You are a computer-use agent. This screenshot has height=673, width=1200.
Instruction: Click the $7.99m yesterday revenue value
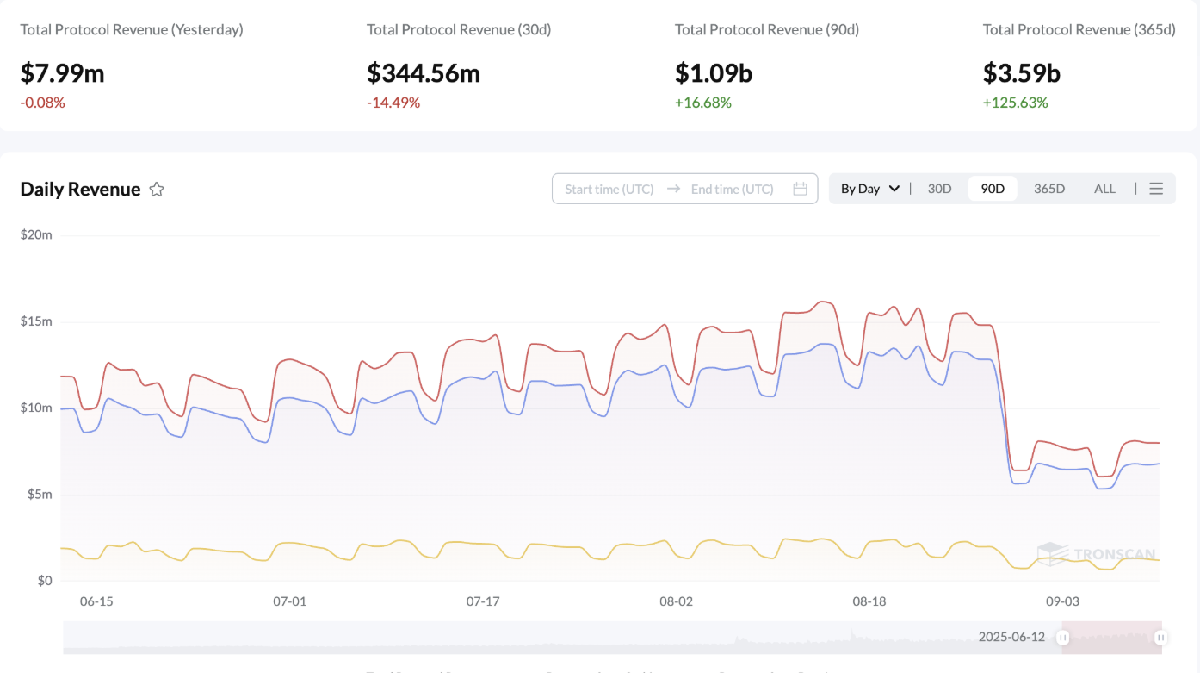click(62, 74)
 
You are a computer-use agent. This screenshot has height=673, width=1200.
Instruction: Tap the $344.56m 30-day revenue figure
click(424, 74)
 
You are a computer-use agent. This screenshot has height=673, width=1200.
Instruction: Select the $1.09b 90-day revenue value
click(714, 74)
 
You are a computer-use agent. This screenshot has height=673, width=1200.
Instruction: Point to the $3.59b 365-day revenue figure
click(1022, 74)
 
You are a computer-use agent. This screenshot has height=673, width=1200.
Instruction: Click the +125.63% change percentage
click(1016, 103)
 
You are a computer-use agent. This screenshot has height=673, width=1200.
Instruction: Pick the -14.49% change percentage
click(393, 103)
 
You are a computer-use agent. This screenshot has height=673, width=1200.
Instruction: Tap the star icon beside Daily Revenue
click(157, 190)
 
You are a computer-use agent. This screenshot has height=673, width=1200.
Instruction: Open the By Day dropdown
click(869, 189)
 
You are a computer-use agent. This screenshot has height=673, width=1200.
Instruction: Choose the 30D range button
click(939, 189)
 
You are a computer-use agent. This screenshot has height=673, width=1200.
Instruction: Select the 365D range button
click(1049, 189)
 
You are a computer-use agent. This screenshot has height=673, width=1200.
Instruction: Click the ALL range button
click(1104, 189)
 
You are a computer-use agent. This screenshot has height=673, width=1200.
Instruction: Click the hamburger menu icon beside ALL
click(1156, 189)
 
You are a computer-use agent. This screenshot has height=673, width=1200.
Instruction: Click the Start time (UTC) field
click(609, 189)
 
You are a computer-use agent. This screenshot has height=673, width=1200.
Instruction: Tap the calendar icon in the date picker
click(800, 189)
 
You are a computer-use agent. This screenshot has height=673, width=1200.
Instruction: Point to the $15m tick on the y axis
click(36, 321)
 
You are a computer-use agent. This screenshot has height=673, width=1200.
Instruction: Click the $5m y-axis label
click(39, 495)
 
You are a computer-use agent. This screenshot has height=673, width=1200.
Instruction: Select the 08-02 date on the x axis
click(676, 601)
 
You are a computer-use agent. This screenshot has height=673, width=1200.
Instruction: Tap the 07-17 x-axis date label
click(483, 601)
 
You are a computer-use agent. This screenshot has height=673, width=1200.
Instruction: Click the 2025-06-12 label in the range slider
click(1011, 638)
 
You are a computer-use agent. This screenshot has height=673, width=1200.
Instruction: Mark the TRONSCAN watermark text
click(1114, 555)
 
